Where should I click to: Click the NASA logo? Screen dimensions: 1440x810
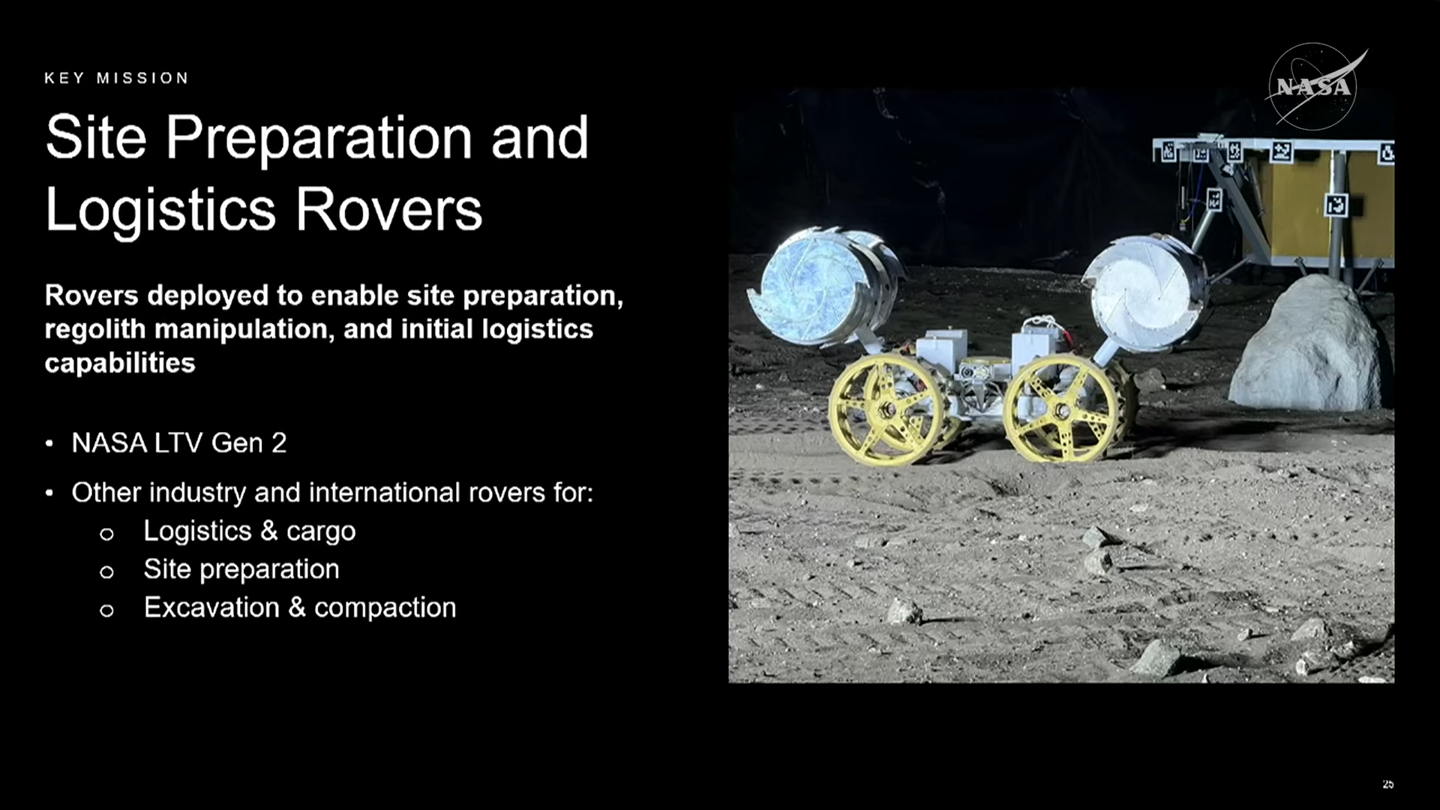[1315, 86]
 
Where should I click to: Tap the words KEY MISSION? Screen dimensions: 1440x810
[116, 78]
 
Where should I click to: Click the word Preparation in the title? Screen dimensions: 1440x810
[319, 139]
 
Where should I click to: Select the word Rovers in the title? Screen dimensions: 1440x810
[388, 209]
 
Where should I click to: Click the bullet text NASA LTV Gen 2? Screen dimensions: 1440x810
[179, 442]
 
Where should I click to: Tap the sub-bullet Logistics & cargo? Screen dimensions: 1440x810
[250, 531]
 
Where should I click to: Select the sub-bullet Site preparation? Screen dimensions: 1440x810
[241, 569]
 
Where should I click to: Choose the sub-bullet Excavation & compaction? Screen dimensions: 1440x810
[300, 607]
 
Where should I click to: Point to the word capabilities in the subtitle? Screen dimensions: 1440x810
[120, 363]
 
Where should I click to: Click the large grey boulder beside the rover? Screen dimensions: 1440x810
[1309, 344]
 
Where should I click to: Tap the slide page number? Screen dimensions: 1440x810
[1387, 784]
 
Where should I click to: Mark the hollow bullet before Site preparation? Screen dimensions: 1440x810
[106, 572]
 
